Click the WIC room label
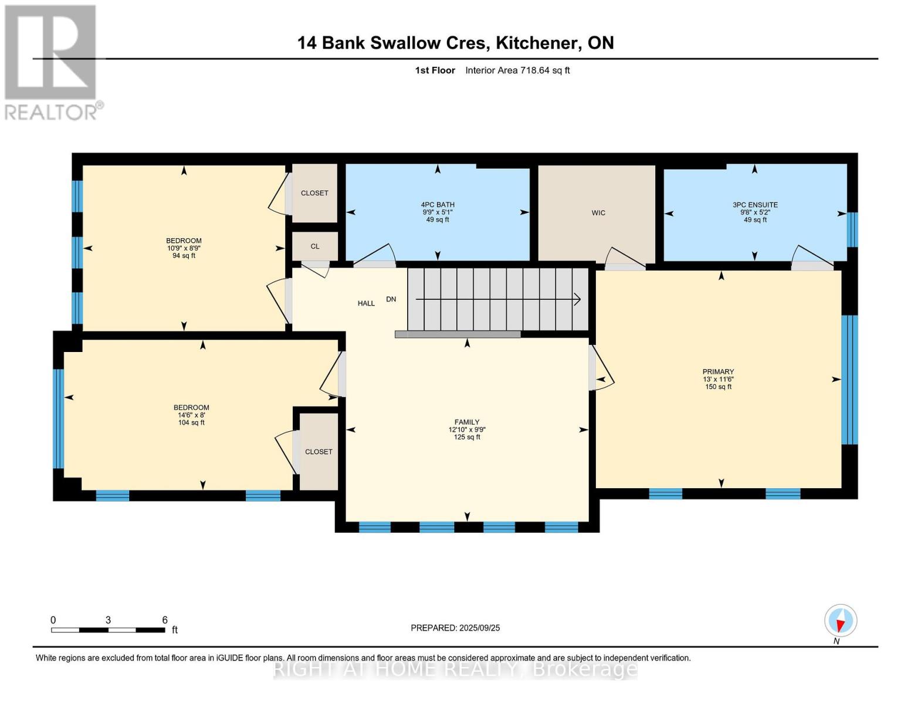click(x=598, y=213)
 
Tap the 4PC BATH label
click(x=438, y=205)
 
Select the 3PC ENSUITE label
click(x=755, y=205)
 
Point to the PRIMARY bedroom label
click(x=718, y=371)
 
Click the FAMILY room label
click(x=466, y=422)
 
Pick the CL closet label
click(x=315, y=246)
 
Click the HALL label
click(x=366, y=303)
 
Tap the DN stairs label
click(x=391, y=299)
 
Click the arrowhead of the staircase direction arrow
click(x=578, y=299)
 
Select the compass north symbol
click(x=841, y=621)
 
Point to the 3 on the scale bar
click(x=108, y=620)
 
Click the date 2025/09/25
click(x=479, y=628)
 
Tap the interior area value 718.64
click(x=534, y=70)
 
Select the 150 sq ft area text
click(x=718, y=387)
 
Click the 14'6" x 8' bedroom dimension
click(x=191, y=415)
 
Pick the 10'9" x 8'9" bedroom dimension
click(x=184, y=248)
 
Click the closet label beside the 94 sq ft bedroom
click(x=314, y=193)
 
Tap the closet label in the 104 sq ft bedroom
click(x=319, y=452)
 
